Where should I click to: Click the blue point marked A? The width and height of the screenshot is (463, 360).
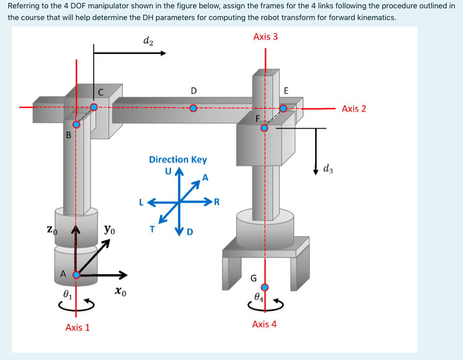point(76,275)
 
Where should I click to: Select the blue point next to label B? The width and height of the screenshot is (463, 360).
point(76,124)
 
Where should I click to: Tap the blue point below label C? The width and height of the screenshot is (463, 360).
point(94,107)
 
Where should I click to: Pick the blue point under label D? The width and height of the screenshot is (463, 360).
point(194,108)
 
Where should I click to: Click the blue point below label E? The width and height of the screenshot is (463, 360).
point(283,108)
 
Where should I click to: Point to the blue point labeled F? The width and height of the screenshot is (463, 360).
point(264,128)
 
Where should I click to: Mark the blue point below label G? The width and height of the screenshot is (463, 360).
point(265,287)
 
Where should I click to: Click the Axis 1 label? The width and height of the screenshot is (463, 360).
point(77,327)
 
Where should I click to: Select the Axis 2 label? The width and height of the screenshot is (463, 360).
point(354,109)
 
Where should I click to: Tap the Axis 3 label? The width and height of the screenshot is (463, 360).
point(266,37)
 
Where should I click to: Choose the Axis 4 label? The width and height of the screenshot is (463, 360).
point(265,324)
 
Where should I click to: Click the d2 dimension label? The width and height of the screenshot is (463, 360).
point(148,41)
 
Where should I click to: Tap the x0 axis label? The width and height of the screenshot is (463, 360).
point(121,292)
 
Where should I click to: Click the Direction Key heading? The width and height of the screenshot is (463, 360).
point(178,160)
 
